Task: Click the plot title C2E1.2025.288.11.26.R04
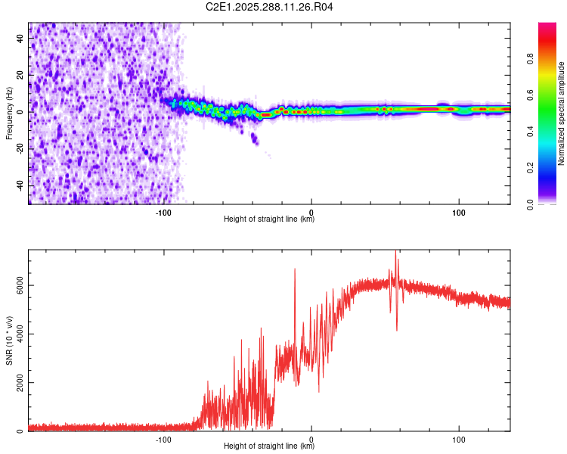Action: tap(270, 7)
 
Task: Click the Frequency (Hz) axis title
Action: tap(9, 113)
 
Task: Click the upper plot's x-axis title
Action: tap(269, 219)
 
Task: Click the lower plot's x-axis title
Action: tap(269, 446)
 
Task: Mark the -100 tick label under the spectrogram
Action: tap(164, 213)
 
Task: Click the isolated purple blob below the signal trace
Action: tap(255, 138)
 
